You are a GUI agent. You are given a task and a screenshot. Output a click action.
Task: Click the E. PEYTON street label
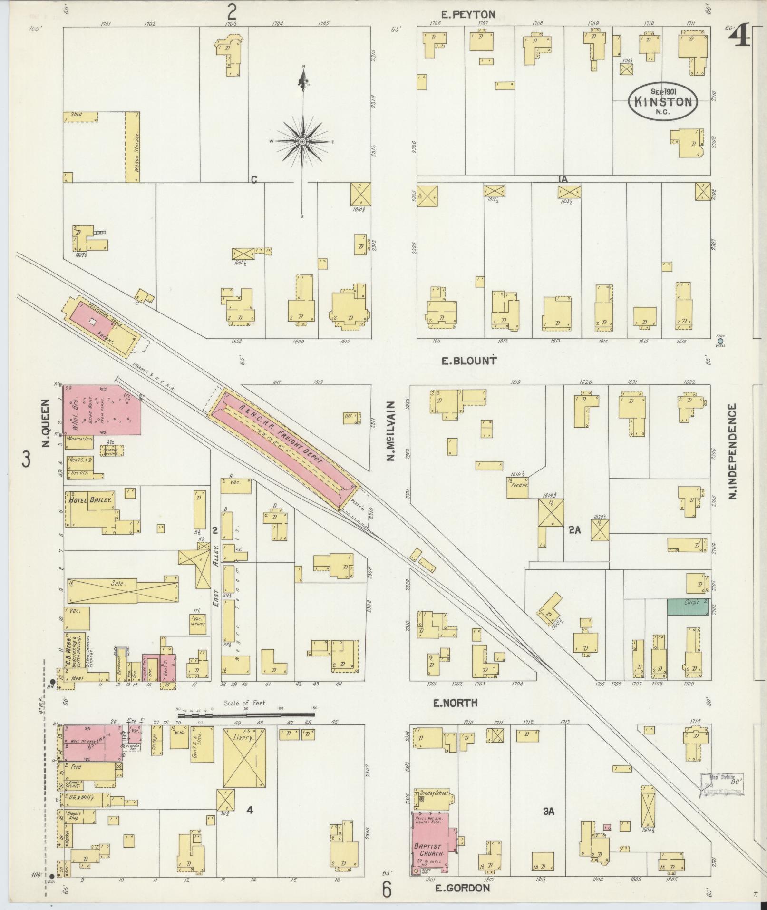(x=468, y=15)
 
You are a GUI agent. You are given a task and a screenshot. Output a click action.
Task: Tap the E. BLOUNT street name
(x=468, y=361)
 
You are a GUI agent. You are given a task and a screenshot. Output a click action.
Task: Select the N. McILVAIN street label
(x=392, y=431)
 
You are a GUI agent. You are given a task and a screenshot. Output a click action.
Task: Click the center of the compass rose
(x=302, y=142)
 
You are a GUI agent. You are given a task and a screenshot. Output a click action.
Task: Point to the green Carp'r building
(x=687, y=607)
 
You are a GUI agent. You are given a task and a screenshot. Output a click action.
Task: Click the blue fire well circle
(x=720, y=341)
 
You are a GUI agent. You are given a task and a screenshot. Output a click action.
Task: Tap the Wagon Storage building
(x=132, y=147)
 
